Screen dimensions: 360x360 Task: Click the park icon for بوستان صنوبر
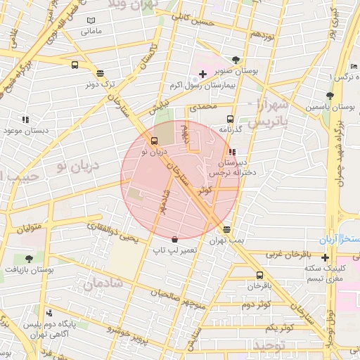click(234, 60)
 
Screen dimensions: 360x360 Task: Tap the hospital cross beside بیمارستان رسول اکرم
click(202, 74)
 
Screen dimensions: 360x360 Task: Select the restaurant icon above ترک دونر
click(100, 72)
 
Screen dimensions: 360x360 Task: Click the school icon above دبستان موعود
click(26, 120)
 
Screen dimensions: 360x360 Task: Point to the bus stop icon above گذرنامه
click(230, 119)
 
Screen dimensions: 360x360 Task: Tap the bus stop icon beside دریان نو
click(154, 139)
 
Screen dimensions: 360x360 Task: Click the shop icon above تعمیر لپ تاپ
click(174, 239)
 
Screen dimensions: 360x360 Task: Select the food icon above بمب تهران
click(226, 229)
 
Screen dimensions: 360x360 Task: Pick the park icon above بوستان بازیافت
click(29, 259)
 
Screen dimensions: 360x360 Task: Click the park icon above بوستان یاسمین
click(328, 94)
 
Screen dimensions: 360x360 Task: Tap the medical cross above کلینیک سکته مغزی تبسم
click(325, 257)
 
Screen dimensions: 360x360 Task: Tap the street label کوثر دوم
click(256, 304)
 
